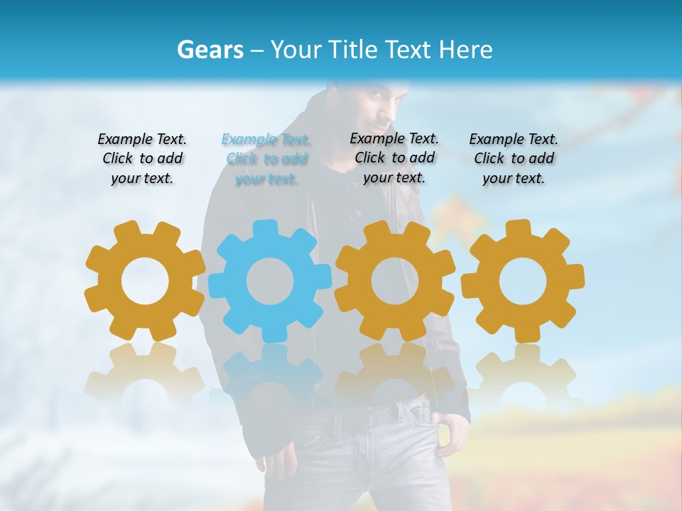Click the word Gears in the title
(209, 50)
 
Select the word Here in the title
(466, 50)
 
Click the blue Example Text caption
(266, 159)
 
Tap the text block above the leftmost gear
(142, 159)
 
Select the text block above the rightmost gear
(514, 159)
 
